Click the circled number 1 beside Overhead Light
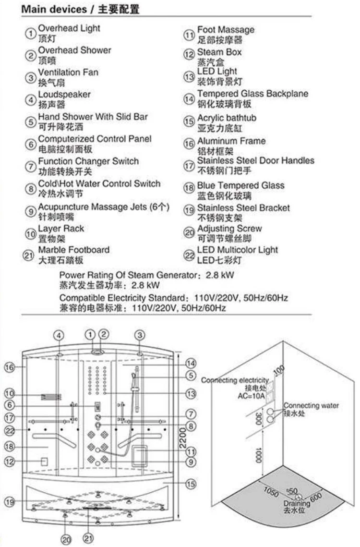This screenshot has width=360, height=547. tap(31, 34)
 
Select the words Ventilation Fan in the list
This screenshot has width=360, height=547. tap(68, 73)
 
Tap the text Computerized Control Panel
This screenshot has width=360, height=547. tap(95, 139)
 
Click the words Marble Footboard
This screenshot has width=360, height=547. tap(74, 250)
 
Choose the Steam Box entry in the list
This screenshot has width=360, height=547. tap(219, 52)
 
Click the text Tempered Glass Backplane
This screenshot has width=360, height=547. tap(252, 94)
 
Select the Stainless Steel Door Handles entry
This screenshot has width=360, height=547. tap(255, 160)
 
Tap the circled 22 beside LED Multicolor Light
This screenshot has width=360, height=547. tap(189, 255)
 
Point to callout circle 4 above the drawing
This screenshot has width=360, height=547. tap(58, 335)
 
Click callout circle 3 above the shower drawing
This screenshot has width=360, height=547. tap(140, 335)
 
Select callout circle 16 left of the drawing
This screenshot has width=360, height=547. tap(10, 367)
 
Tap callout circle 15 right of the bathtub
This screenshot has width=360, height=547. tap(191, 484)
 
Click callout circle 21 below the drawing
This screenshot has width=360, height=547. tap(88, 538)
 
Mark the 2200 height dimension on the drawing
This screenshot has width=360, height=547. tap(182, 437)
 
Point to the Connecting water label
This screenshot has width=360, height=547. tap(311, 406)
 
